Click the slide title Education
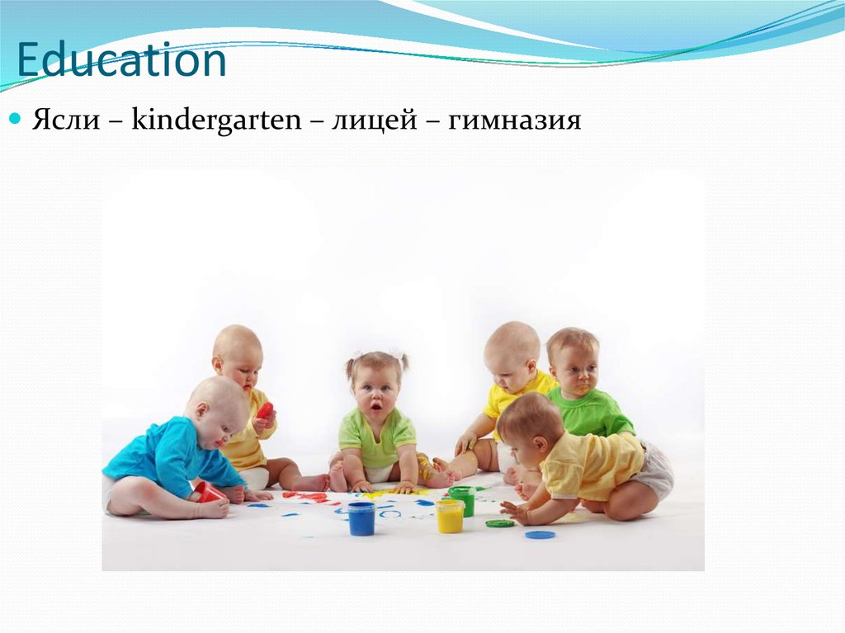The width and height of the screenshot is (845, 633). (121, 62)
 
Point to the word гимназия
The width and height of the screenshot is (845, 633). (515, 121)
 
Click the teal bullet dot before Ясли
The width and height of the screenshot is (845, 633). (14, 120)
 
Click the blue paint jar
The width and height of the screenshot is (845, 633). (361, 518)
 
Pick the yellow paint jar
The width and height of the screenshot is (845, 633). (450, 515)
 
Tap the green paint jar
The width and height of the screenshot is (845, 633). (462, 500)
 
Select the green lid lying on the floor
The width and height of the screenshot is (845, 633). (499, 523)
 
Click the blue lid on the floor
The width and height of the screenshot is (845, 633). (540, 535)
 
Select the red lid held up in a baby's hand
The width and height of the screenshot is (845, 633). (265, 410)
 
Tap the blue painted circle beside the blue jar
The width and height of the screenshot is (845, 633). (389, 514)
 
